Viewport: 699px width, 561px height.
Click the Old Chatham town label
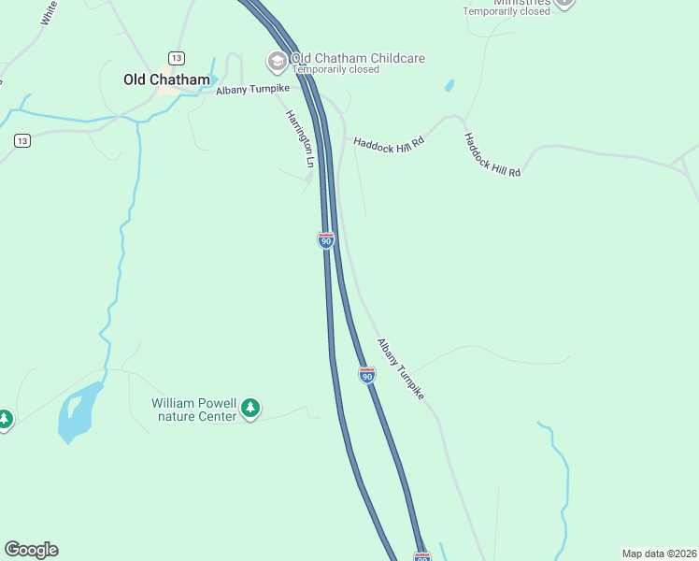[166, 79]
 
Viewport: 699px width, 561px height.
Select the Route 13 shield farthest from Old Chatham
[22, 140]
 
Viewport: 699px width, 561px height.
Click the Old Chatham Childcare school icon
[277, 63]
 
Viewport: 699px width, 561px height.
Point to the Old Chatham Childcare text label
[358, 58]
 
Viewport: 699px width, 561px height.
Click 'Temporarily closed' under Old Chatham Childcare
[335, 70]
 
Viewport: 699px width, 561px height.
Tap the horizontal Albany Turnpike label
[252, 90]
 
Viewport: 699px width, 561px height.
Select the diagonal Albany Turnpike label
[400, 369]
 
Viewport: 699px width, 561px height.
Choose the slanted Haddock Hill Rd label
[492, 155]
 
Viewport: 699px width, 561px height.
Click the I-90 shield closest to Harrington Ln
[325, 240]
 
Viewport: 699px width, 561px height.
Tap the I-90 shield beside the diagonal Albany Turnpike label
[367, 375]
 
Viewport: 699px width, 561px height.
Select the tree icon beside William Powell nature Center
[250, 408]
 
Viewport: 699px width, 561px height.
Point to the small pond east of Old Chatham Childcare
[450, 85]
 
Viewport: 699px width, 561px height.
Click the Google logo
[31, 550]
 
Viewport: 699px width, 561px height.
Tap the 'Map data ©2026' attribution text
[658, 554]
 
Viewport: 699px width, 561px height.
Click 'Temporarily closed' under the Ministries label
[507, 11]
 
